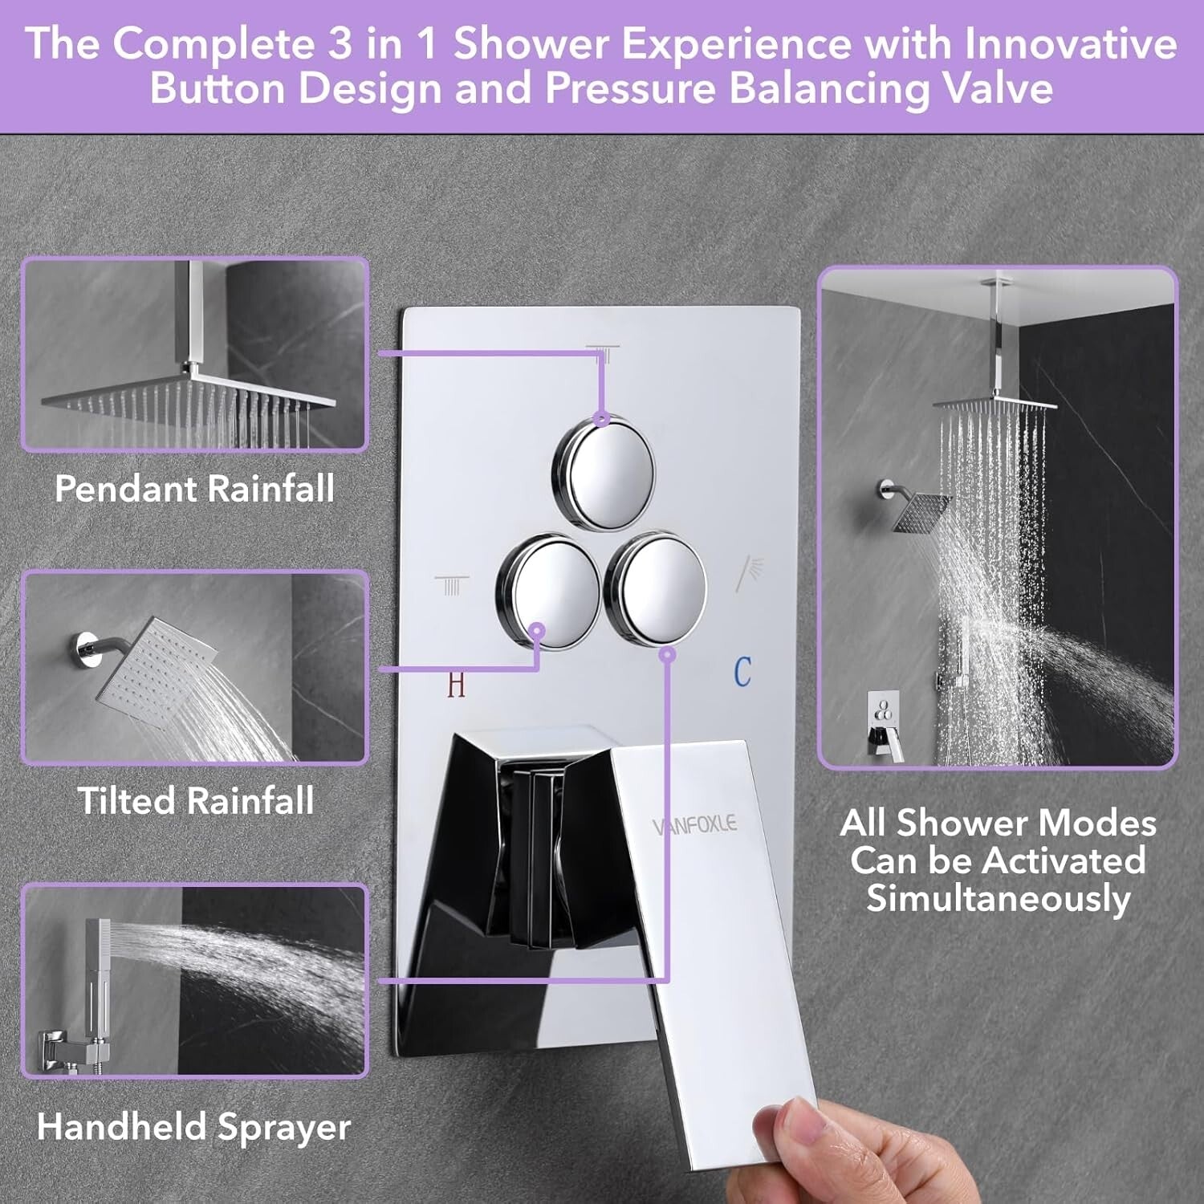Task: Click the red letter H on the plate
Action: tap(456, 685)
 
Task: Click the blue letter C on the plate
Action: tap(742, 672)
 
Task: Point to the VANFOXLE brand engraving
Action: tap(694, 824)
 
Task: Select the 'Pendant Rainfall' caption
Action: tap(194, 489)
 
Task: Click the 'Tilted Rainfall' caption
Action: tap(196, 801)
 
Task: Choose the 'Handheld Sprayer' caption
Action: tap(194, 1127)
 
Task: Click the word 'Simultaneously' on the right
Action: tap(999, 898)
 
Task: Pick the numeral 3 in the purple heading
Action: tap(340, 43)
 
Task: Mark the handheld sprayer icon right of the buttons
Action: tap(750, 571)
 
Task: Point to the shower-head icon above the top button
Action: tap(603, 353)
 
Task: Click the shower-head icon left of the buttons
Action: tap(452, 585)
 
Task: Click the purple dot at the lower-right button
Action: tap(667, 655)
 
